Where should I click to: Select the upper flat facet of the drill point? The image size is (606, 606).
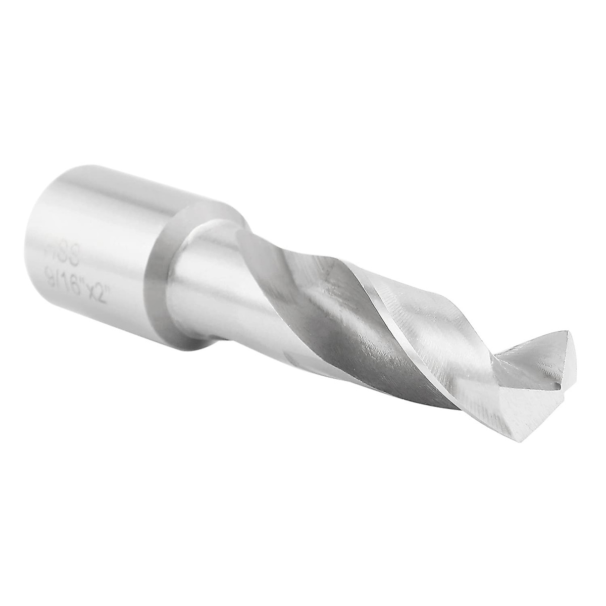[550, 353]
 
